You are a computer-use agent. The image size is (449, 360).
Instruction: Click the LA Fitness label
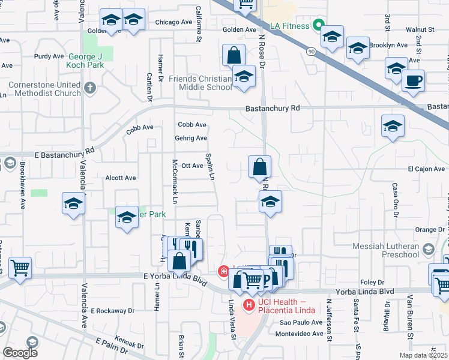(289, 26)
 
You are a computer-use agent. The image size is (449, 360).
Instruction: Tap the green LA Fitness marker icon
(319, 26)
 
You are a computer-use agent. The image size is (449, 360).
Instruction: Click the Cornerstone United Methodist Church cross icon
(90, 88)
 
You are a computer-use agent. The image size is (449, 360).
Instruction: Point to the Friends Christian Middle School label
(200, 83)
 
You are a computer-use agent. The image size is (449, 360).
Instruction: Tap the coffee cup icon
(412, 80)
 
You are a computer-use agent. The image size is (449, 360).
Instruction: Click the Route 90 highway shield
(311, 52)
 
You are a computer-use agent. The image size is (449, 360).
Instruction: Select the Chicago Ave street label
(173, 22)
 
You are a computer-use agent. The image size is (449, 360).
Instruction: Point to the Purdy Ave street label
(49, 56)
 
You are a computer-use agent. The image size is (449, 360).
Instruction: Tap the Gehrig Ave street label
(191, 138)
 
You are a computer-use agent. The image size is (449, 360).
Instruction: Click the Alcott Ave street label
(121, 178)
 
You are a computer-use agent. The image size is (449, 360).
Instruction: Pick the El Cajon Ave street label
(426, 169)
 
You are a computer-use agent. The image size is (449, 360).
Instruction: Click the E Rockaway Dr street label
(113, 311)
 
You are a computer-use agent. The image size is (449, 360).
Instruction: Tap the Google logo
(20, 353)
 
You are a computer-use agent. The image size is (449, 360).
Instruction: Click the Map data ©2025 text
(423, 355)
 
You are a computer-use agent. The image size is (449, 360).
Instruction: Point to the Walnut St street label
(420, 29)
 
